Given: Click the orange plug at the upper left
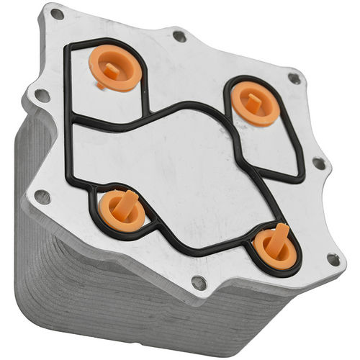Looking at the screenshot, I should pos(114,69).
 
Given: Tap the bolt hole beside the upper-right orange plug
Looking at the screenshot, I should pos(293,78).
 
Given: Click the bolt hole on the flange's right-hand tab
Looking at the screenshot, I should pos(318,163).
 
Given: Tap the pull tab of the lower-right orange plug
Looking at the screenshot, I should pos(278,237).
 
